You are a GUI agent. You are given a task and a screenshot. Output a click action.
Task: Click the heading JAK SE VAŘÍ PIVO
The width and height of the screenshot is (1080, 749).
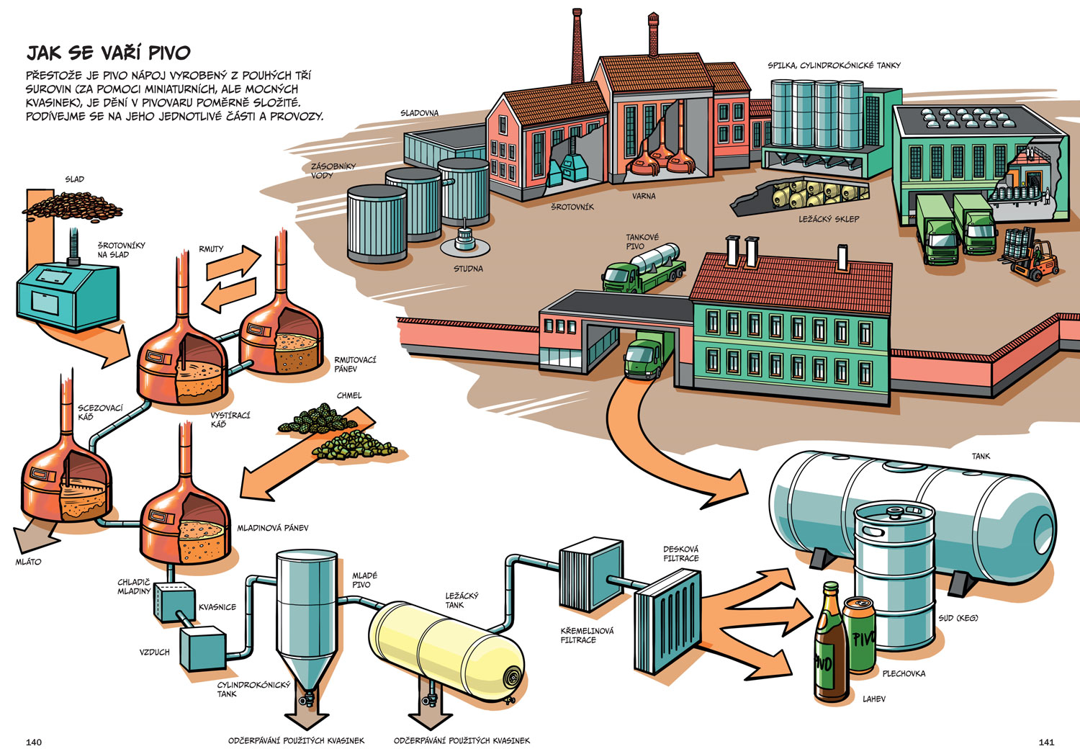(x=108, y=53)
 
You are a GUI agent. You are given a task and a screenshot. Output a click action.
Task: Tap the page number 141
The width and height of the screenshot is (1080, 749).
(x=1046, y=742)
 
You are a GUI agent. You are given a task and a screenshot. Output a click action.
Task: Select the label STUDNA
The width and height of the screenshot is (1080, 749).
(x=468, y=269)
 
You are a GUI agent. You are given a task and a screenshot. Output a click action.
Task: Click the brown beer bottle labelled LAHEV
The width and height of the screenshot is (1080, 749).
(x=830, y=648)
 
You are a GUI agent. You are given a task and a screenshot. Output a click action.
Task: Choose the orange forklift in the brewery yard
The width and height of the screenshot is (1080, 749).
(x=1035, y=261)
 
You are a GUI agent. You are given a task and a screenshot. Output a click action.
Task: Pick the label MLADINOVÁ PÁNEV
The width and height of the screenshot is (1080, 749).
(x=273, y=528)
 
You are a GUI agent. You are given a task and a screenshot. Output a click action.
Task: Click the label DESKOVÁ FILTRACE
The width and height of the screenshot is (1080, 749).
(x=680, y=554)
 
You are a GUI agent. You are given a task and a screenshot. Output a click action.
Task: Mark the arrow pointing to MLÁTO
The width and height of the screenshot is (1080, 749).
(x=29, y=537)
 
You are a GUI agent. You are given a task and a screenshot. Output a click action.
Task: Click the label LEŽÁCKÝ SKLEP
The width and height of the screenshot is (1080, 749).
(x=829, y=219)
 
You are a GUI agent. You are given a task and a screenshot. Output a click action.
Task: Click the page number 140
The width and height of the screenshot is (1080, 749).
(x=34, y=742)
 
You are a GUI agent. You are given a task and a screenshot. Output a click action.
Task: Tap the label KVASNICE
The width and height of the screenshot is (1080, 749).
(x=217, y=607)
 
